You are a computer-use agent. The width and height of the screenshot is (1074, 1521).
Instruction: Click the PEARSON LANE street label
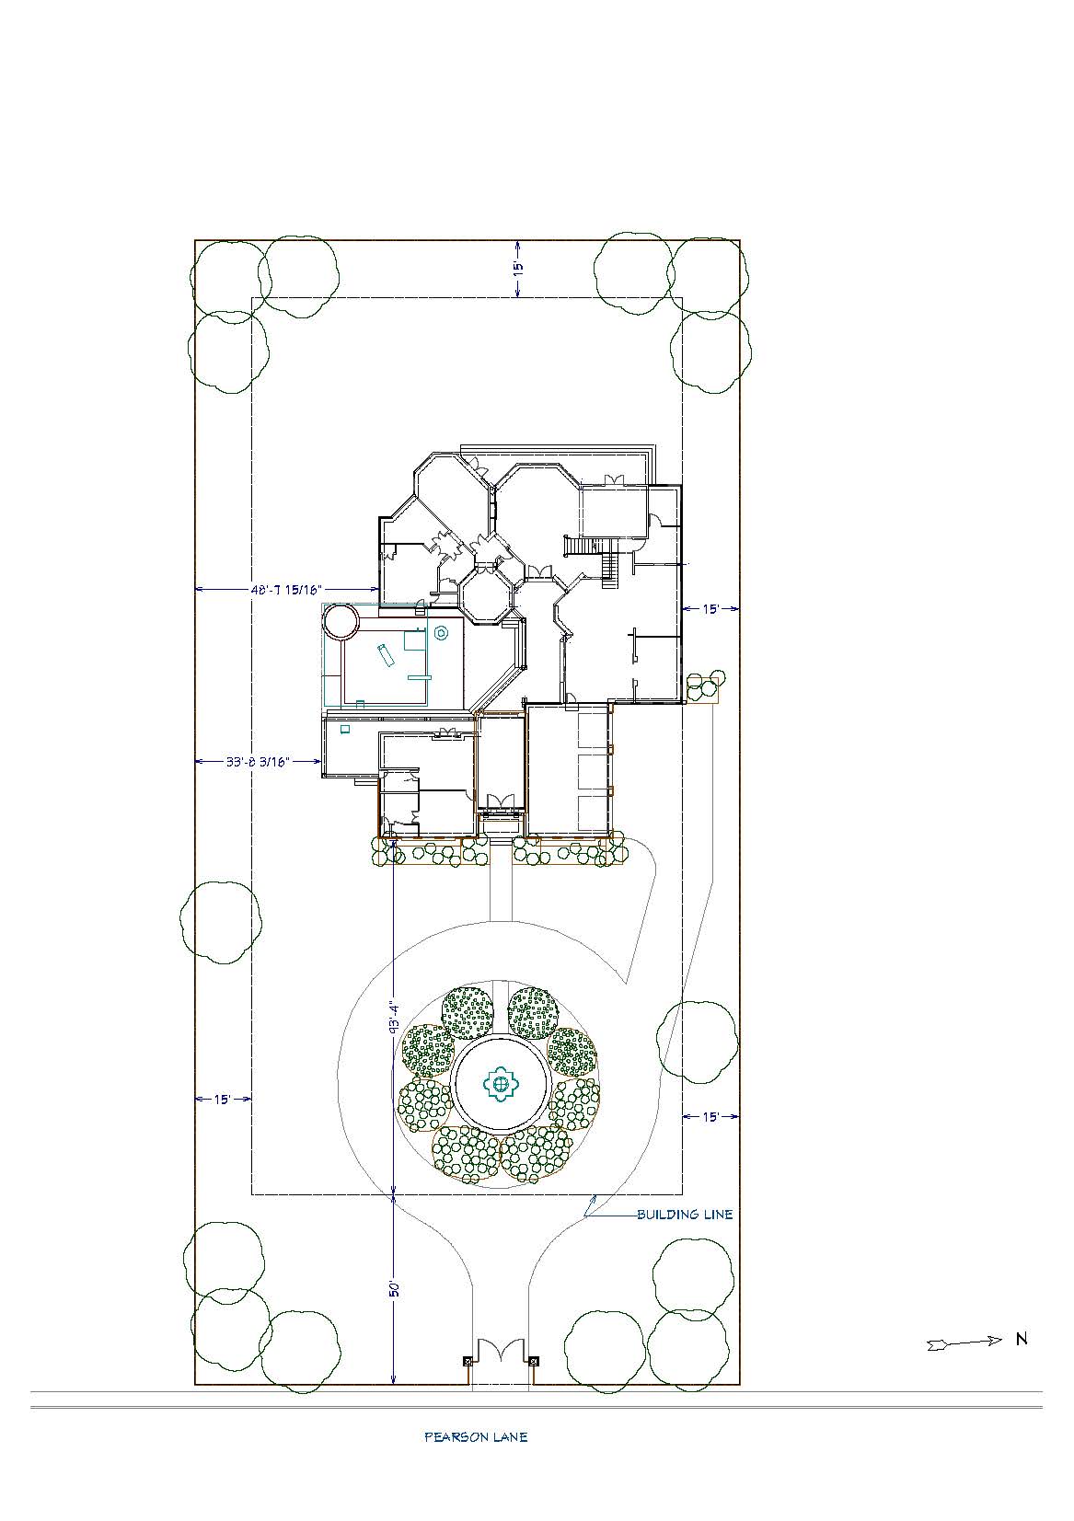tap(476, 1436)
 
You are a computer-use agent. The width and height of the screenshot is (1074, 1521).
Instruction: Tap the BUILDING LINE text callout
tap(685, 1214)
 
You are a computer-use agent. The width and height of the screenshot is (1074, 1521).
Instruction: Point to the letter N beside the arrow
tap(1022, 1339)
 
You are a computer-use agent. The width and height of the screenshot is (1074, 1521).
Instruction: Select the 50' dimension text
tap(394, 1289)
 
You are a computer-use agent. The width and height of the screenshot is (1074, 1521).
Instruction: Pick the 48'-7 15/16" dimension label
tap(286, 590)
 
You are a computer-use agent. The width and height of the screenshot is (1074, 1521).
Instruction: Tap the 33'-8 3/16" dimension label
tap(258, 761)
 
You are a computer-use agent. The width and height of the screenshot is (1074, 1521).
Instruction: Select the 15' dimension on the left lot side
tap(222, 1099)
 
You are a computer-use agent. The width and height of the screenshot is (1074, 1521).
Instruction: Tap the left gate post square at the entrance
tap(468, 1361)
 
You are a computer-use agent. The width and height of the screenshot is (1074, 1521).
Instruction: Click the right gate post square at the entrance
tap(533, 1361)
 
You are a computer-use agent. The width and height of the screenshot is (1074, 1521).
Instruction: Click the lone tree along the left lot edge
tap(221, 922)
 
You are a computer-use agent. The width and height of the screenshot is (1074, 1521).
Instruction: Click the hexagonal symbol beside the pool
tap(440, 633)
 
